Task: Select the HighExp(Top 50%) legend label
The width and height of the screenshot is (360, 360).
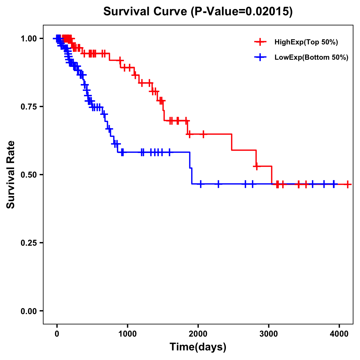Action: tap(306, 42)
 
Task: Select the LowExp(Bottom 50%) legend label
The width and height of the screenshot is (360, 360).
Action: tap(311, 58)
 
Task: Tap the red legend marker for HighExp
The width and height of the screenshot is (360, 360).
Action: tap(260, 42)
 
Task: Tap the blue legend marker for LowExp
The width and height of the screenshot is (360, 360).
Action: tap(260, 58)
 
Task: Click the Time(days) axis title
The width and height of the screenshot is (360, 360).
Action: tap(198, 347)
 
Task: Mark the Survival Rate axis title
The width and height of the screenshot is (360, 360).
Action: tap(11, 175)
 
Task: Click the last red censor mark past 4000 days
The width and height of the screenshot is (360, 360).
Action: tap(347, 184)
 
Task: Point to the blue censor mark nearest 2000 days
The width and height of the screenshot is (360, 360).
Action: tap(201, 184)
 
